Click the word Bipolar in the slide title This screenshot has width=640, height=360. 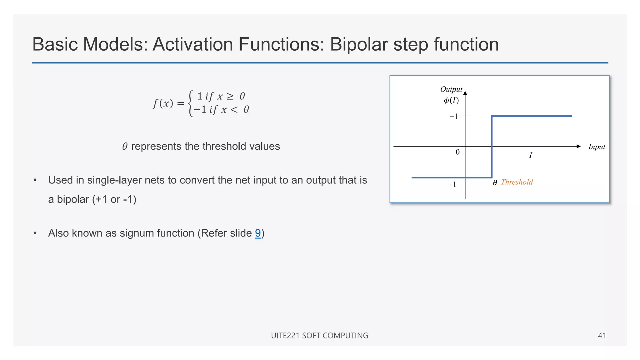(359, 44)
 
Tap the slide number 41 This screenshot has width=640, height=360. (602, 336)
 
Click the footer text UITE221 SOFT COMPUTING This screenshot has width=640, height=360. (319, 336)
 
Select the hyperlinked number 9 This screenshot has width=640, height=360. (258, 233)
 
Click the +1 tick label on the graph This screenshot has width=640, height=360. (453, 117)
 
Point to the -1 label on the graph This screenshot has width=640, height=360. (453, 184)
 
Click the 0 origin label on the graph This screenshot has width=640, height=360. (457, 152)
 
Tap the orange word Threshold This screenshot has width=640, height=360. (517, 182)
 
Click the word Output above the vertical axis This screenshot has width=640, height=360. (451, 89)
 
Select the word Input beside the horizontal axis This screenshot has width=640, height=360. (596, 147)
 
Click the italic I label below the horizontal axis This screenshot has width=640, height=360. (530, 155)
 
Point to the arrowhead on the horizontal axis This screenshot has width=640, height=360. (578, 146)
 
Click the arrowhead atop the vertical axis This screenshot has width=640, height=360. (465, 93)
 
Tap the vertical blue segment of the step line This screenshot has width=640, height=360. (492, 147)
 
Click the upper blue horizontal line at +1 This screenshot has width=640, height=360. (531, 116)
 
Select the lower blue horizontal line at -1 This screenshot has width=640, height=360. (437, 177)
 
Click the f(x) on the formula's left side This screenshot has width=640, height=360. (163, 103)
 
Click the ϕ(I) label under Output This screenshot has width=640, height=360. (451, 100)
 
